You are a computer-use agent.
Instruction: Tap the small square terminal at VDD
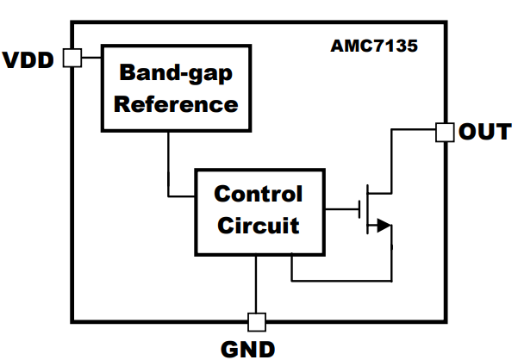tap(72, 58)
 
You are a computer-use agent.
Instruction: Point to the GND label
tap(248, 349)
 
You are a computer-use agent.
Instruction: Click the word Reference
tap(176, 104)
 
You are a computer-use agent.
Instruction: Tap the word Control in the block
tap(259, 194)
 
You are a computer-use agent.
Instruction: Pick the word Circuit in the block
tap(259, 227)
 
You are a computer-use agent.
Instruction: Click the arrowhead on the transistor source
tap(384, 227)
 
